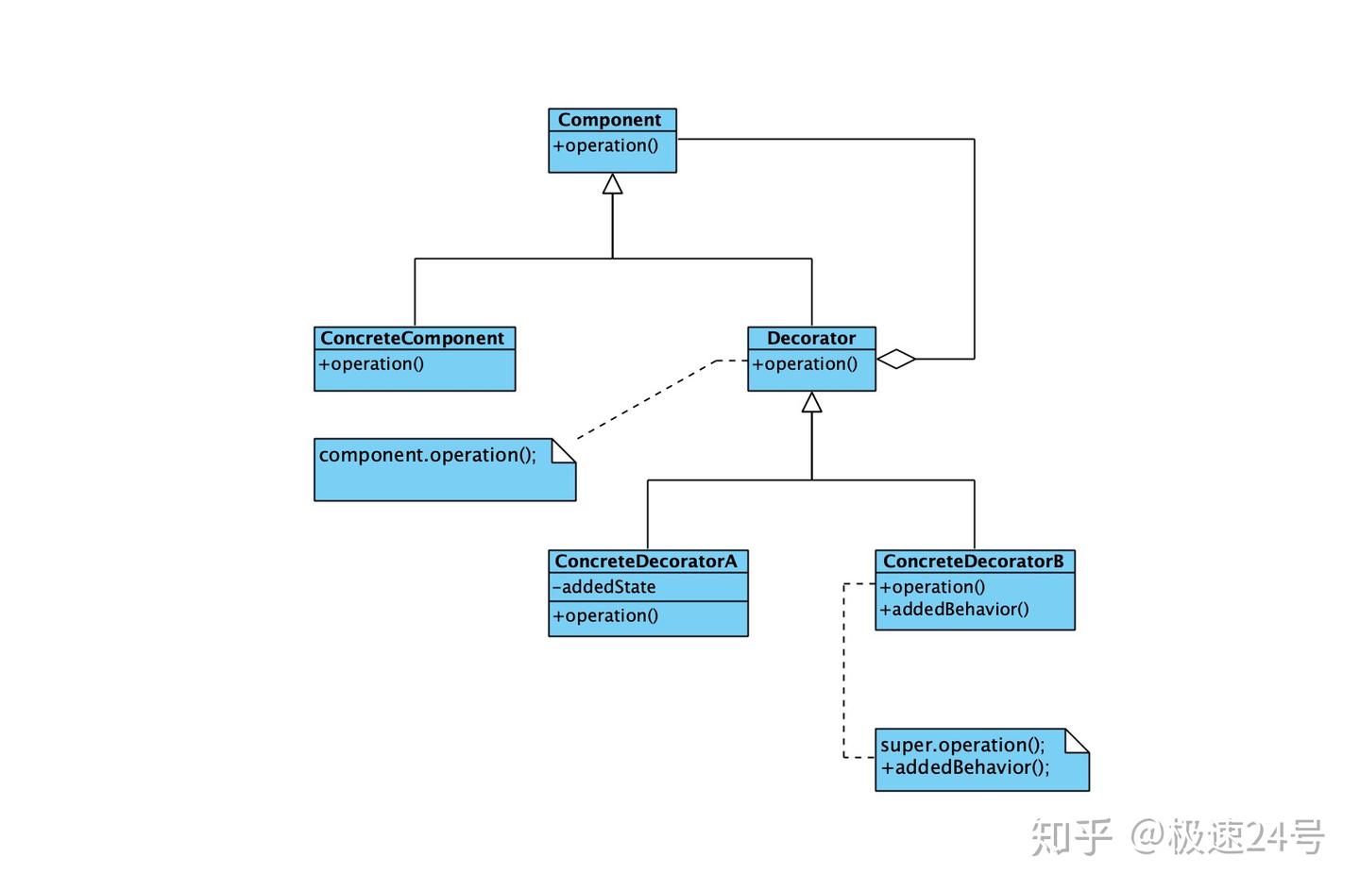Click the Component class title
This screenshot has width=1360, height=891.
pyautogui.click(x=609, y=120)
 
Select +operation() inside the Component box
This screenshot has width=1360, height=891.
pyautogui.click(x=605, y=145)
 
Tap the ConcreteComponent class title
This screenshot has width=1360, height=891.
pyautogui.click(x=412, y=338)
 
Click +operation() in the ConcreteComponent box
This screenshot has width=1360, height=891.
pyautogui.click(x=371, y=363)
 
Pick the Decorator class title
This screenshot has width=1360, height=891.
pyautogui.click(x=810, y=338)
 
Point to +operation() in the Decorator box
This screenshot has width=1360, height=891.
pyautogui.click(x=805, y=363)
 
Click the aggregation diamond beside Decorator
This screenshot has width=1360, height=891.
pyautogui.click(x=895, y=359)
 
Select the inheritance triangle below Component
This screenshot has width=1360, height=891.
pyautogui.click(x=612, y=184)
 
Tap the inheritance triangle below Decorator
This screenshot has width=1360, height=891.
pyautogui.click(x=811, y=403)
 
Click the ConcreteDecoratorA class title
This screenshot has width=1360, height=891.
pyautogui.click(x=646, y=562)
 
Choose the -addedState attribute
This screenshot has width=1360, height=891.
pyautogui.click(x=604, y=587)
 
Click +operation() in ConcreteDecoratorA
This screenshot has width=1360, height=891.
pyautogui.click(x=605, y=615)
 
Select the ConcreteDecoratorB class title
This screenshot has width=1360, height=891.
pyautogui.click(x=973, y=562)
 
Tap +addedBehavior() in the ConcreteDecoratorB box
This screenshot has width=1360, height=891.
pyautogui.click(x=954, y=609)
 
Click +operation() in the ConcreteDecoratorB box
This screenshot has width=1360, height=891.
pyautogui.click(x=932, y=586)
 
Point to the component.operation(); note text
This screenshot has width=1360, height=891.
pyautogui.click(x=427, y=455)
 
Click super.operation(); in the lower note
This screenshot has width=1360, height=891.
pyautogui.click(x=962, y=745)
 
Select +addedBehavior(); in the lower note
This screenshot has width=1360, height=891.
pyautogui.click(x=964, y=767)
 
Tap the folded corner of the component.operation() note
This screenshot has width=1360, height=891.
pyautogui.click(x=564, y=450)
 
